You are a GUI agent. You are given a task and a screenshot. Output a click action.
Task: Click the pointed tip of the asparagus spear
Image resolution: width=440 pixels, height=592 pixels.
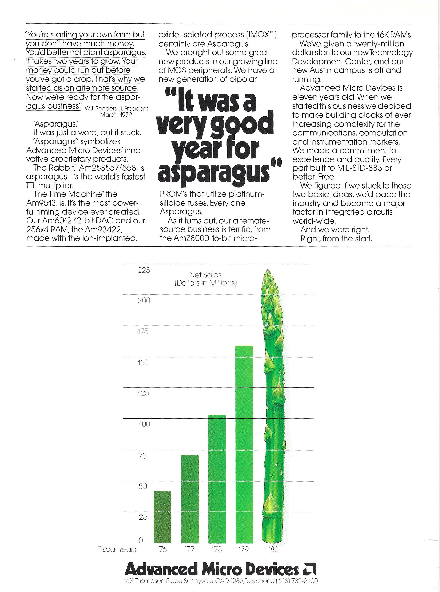[x=267, y=271]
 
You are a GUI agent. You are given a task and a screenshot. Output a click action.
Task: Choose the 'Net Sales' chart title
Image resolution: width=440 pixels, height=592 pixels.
[x=205, y=275]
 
